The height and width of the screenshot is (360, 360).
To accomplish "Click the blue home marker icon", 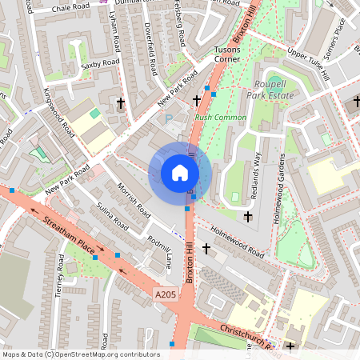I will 180,173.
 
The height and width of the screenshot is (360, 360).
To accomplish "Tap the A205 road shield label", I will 165,295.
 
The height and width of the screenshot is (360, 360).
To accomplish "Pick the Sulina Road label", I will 113,217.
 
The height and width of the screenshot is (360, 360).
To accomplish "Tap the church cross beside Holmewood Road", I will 206,250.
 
